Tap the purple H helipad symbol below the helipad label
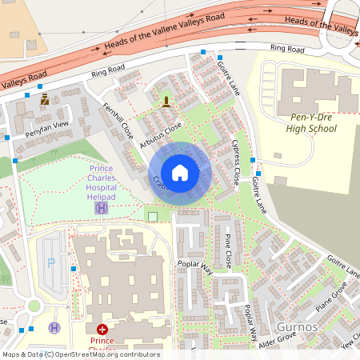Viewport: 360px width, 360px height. click(x=102, y=208)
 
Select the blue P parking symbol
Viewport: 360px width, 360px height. click(x=52, y=262)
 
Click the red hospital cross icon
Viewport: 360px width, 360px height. click(x=102, y=329)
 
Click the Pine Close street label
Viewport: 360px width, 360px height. click(x=227, y=251)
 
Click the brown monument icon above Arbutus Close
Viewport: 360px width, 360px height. click(x=166, y=101)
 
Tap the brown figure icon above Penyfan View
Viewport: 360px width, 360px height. click(x=45, y=100)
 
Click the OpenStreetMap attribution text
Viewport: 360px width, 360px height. click(x=80, y=354)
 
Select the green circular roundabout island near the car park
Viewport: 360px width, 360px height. click(x=34, y=306)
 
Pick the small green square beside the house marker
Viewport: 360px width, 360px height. click(x=152, y=216)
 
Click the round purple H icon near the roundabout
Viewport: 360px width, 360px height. click(x=54, y=327)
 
